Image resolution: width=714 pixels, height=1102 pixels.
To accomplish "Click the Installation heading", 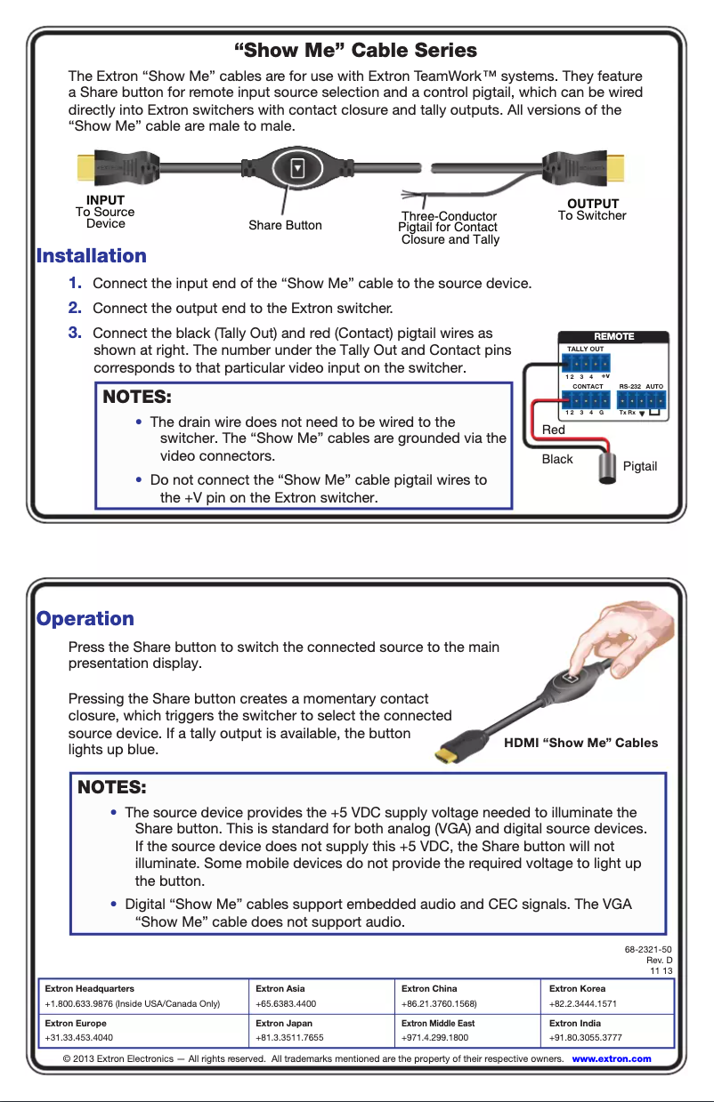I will [x=92, y=256].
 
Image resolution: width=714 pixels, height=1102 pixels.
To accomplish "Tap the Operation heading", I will [x=85, y=619].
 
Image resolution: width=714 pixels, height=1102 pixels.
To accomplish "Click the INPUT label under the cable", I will [x=105, y=200].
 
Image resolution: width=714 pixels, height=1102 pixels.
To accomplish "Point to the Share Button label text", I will [x=285, y=226].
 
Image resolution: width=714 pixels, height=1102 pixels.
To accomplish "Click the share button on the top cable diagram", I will [x=298, y=167].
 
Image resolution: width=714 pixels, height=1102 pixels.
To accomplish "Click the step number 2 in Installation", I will [x=76, y=308].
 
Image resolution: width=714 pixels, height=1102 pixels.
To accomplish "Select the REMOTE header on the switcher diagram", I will [x=613, y=336].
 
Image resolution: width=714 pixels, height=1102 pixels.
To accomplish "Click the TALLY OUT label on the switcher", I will [x=585, y=350].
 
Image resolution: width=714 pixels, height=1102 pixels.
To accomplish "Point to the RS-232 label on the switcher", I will [x=629, y=387].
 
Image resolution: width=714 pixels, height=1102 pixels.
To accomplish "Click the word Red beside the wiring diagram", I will [x=554, y=430].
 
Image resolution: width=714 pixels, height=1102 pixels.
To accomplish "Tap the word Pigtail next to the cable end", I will [x=640, y=467].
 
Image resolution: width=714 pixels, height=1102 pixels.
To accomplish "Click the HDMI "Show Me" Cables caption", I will [x=581, y=743].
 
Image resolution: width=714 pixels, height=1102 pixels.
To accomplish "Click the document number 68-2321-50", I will [x=648, y=949].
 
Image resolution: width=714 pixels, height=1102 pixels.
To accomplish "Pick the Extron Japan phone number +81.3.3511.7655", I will [x=289, y=1037].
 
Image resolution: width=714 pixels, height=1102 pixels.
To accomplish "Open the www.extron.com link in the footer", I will [x=612, y=1058].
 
